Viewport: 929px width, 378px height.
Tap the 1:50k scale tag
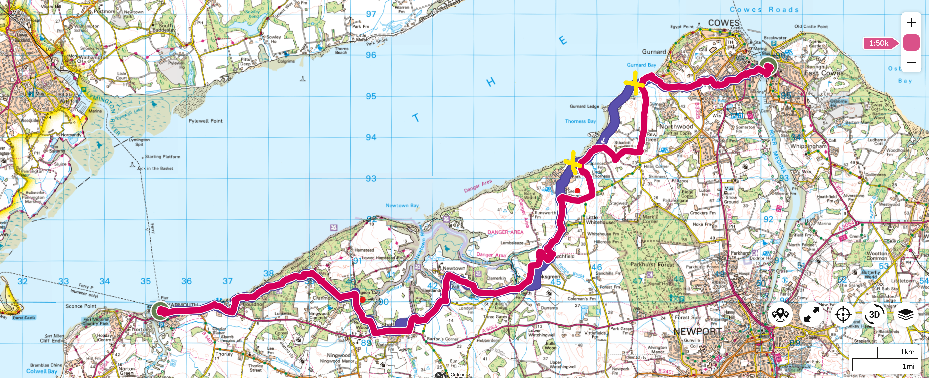879,43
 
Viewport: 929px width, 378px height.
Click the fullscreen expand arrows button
812,314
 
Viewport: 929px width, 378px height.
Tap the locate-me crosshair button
843,314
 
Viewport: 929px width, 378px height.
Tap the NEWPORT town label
697,331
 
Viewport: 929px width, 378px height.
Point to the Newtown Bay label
402,205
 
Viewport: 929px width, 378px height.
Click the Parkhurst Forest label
652,264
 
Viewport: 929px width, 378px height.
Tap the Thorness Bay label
580,121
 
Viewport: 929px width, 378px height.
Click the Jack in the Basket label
155,168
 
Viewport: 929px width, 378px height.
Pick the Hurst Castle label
24,318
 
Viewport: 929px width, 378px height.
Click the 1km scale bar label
907,352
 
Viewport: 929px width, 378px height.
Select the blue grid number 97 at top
371,14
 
